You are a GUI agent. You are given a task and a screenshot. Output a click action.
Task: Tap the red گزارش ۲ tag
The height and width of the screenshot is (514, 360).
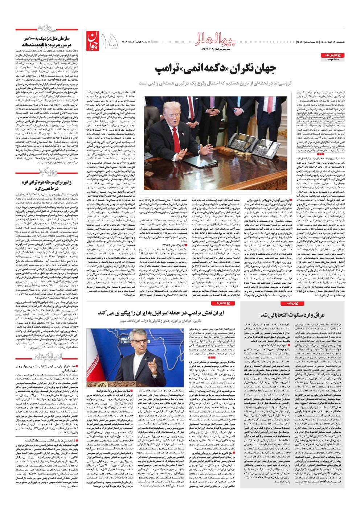(x=223, y=303)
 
